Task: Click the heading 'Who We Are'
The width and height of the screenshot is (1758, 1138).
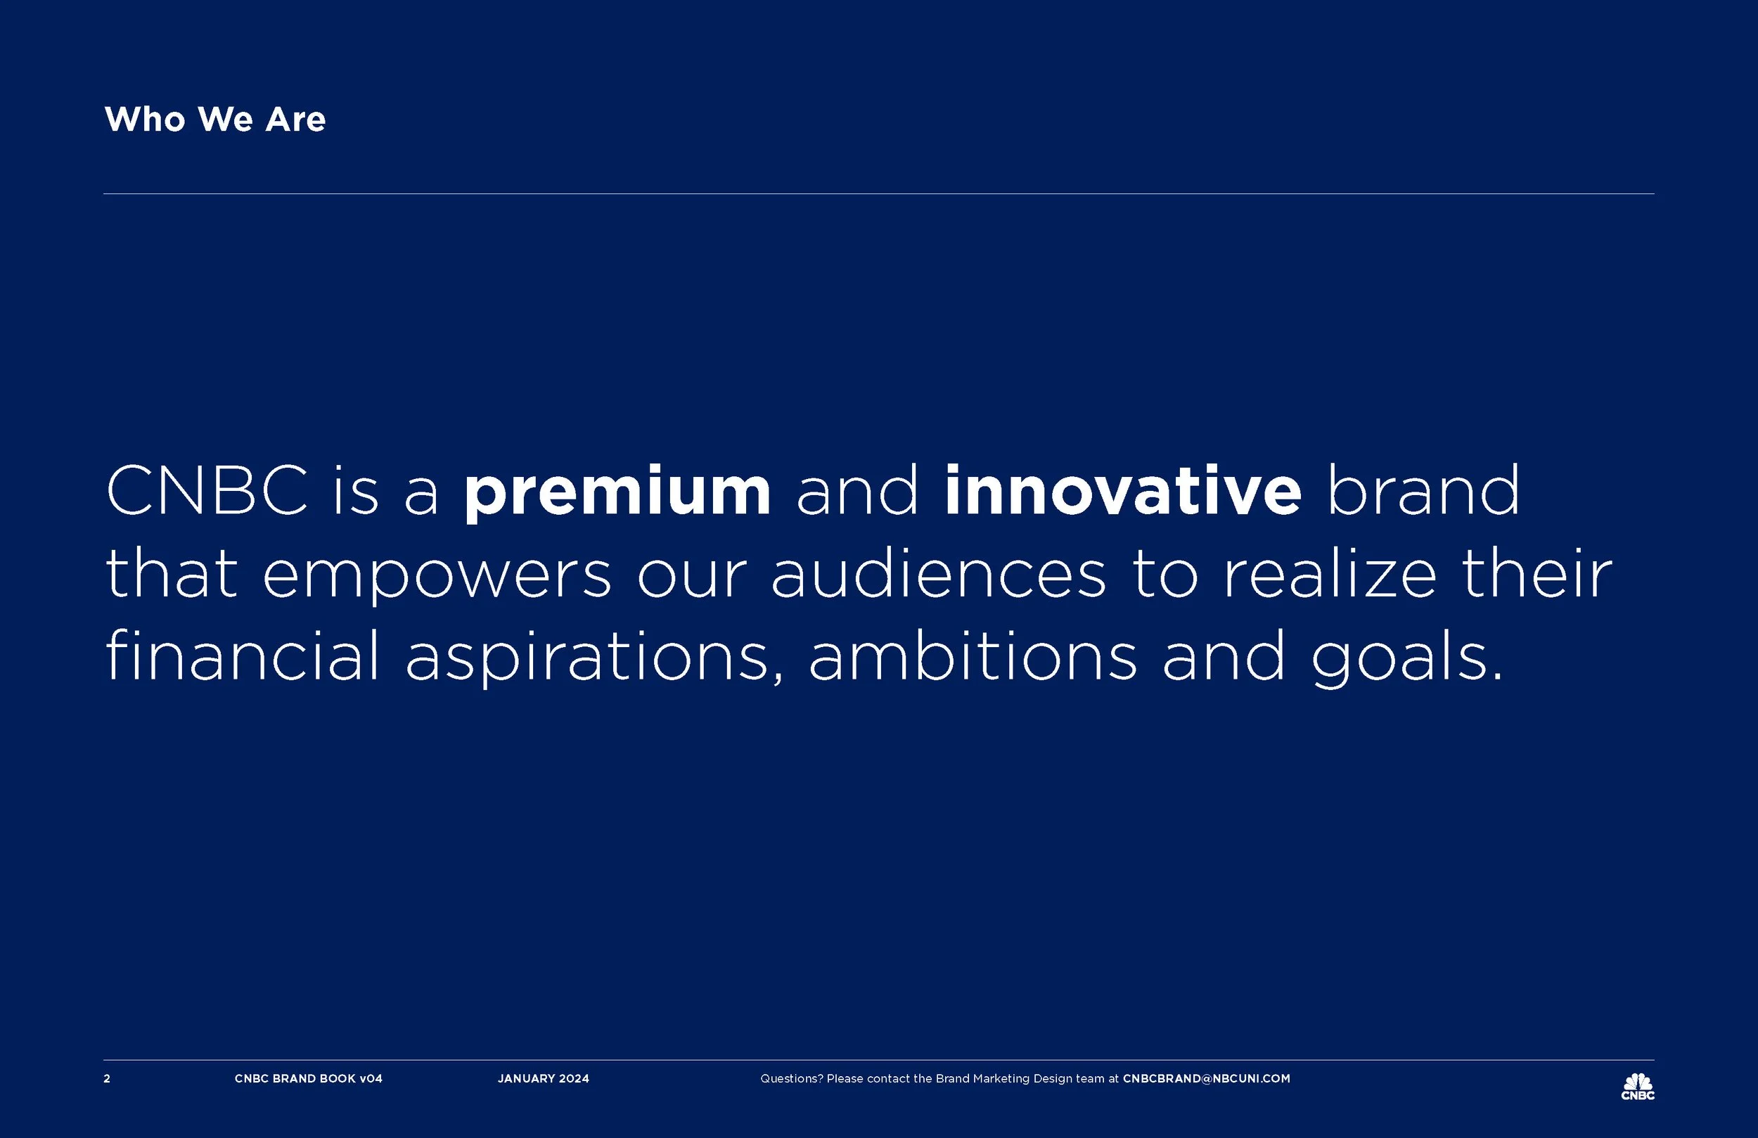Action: click(215, 119)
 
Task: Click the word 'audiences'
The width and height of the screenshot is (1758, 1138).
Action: click(938, 573)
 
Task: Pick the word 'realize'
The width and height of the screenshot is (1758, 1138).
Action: click(1330, 573)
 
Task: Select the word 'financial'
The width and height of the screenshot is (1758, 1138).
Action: click(243, 654)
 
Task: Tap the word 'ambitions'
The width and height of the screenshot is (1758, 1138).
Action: click(973, 654)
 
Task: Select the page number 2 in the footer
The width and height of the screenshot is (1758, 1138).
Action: click(107, 1079)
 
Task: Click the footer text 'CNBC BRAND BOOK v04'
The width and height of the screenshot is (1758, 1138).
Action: click(309, 1079)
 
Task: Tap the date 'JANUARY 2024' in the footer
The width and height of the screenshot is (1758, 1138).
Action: click(544, 1079)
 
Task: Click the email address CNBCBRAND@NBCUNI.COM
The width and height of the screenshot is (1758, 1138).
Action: click(1206, 1079)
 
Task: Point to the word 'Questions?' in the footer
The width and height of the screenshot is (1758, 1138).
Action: click(792, 1079)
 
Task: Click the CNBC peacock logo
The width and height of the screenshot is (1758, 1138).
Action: click(1638, 1086)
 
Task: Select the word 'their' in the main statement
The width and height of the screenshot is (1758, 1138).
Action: click(1536, 573)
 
